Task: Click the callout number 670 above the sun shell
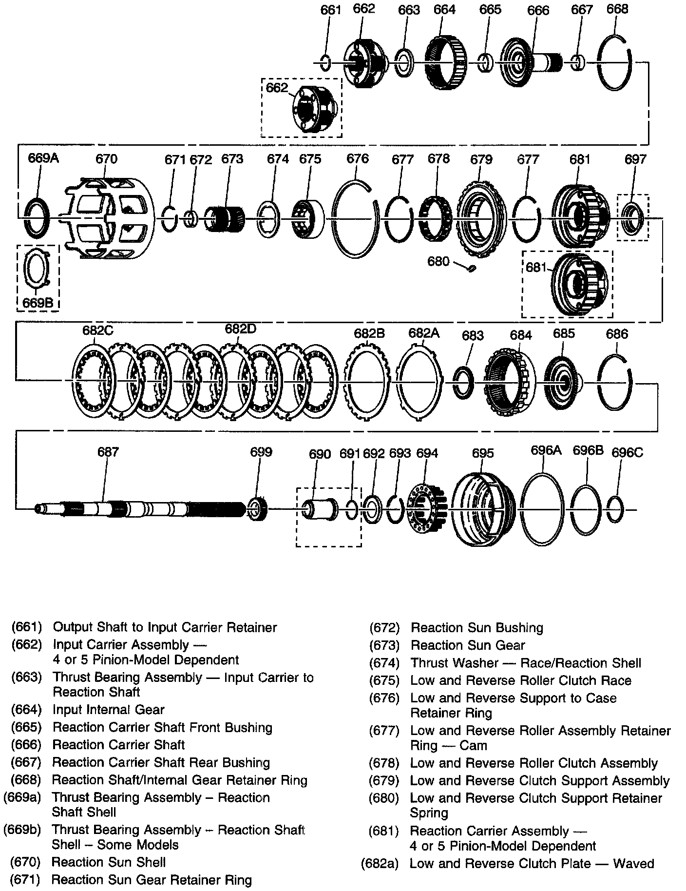(x=106, y=159)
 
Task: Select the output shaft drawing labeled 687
(x=141, y=510)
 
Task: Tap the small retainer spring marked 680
(x=471, y=269)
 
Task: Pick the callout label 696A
(x=546, y=450)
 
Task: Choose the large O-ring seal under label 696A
(x=542, y=510)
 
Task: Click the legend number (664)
(x=26, y=710)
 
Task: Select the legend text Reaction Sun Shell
(x=108, y=862)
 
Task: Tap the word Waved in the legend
(x=633, y=864)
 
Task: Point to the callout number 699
(x=261, y=452)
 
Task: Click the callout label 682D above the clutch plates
(x=240, y=329)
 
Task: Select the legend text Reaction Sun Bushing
(x=476, y=628)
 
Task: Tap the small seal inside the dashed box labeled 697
(x=633, y=217)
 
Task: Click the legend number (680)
(x=384, y=798)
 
